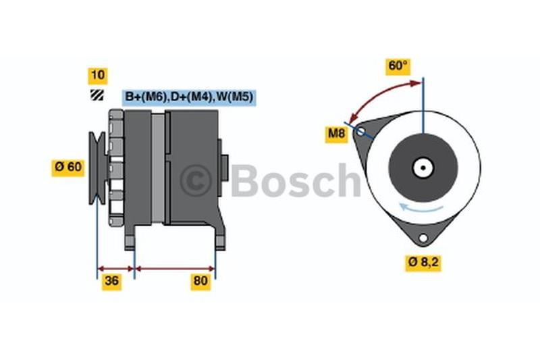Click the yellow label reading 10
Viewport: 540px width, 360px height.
pos(98,76)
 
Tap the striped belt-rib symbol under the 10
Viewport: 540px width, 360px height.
pos(97,95)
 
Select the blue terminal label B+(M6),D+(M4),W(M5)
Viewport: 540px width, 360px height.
pos(189,97)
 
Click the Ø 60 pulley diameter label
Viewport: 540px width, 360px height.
pos(68,168)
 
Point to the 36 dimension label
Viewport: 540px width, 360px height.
pos(111,282)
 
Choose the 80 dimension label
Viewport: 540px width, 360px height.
pos(200,282)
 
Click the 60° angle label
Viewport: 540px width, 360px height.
pos(398,66)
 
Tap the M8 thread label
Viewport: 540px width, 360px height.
pos(336,134)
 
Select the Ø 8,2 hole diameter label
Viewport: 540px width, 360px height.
pos(423,263)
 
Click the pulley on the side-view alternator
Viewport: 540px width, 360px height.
pos(98,168)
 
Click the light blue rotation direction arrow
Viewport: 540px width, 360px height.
pos(421,207)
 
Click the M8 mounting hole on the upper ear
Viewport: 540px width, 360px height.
pos(360,132)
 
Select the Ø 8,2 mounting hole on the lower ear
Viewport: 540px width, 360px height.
pos(423,238)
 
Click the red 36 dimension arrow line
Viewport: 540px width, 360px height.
pos(115,269)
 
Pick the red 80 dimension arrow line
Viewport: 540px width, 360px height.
pos(175,269)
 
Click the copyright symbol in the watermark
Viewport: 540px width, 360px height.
pos(196,181)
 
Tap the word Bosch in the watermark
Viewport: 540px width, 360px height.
pos(296,180)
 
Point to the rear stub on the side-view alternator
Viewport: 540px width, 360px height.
pos(223,168)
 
